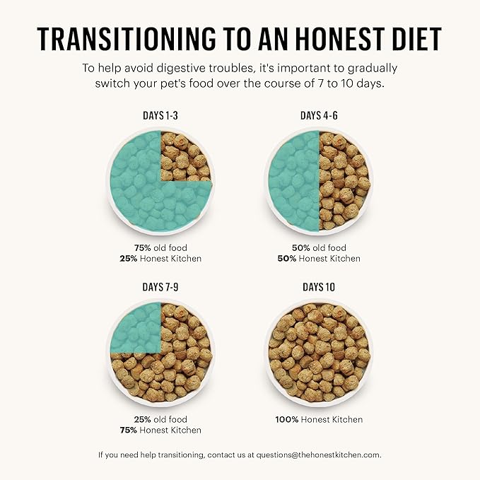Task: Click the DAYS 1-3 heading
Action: pos(160,116)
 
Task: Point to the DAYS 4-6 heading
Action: pos(319,116)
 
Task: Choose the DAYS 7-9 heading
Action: pos(160,287)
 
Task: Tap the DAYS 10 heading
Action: pos(319,287)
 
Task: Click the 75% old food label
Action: pos(160,248)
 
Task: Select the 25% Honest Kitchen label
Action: pos(160,259)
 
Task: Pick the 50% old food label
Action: pos(319,248)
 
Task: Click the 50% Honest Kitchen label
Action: pos(319,259)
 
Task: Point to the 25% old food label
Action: pos(160,419)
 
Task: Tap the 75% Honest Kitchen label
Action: pos(160,430)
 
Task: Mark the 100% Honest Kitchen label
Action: pos(319,419)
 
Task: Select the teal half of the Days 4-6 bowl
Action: pos(293,181)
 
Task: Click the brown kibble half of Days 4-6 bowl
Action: pos(345,181)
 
